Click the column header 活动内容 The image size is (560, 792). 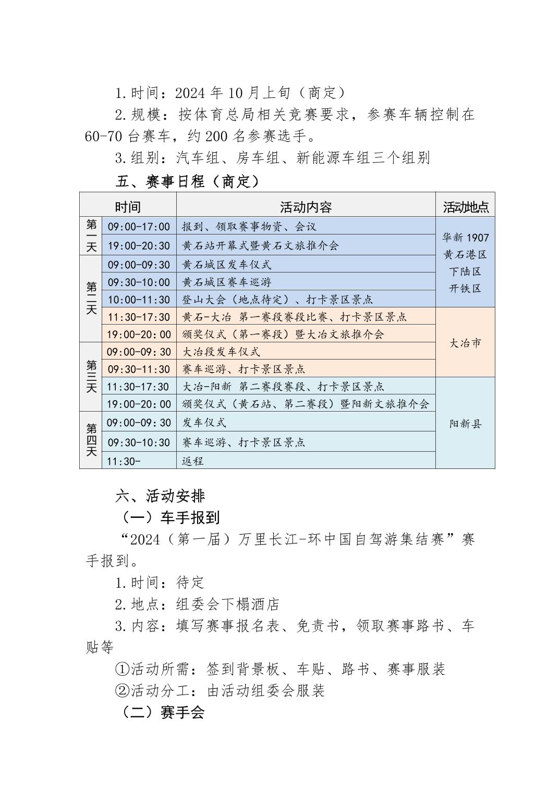point(306,207)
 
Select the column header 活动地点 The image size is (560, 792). point(466,207)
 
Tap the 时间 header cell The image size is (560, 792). point(128,207)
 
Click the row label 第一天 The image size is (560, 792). point(91,236)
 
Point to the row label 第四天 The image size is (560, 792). point(91,440)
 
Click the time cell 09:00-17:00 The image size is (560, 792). point(139,227)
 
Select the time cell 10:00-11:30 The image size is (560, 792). point(139,300)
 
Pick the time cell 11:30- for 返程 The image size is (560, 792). point(124,461)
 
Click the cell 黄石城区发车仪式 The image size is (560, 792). point(227,265)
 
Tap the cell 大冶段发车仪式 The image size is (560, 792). point(221,352)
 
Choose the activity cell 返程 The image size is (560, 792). point(192,461)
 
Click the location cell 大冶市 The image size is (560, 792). point(465,343)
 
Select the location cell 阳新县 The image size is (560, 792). point(465,424)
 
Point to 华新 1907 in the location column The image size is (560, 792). point(465,238)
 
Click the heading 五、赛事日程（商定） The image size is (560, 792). point(187,182)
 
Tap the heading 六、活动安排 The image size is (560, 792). point(160,496)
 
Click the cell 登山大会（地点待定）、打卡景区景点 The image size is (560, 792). point(277,300)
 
